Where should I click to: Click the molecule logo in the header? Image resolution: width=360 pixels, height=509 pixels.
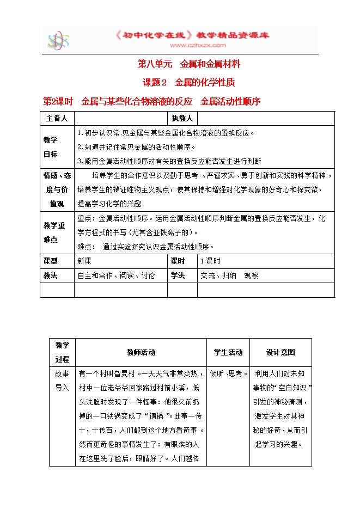(58, 40)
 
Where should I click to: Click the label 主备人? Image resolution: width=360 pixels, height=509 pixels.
(57, 118)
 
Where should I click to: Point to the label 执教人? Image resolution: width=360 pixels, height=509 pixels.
(182, 118)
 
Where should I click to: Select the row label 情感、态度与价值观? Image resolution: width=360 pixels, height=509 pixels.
(57, 189)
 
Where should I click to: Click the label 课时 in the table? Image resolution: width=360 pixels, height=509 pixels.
(178, 261)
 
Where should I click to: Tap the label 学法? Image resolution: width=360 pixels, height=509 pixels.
(178, 275)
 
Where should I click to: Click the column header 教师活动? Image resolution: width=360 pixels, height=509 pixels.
(141, 352)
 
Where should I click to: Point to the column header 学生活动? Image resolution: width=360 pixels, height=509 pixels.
(228, 352)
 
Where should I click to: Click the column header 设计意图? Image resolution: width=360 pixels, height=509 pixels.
(280, 352)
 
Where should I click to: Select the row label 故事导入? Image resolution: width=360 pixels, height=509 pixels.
(62, 381)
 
